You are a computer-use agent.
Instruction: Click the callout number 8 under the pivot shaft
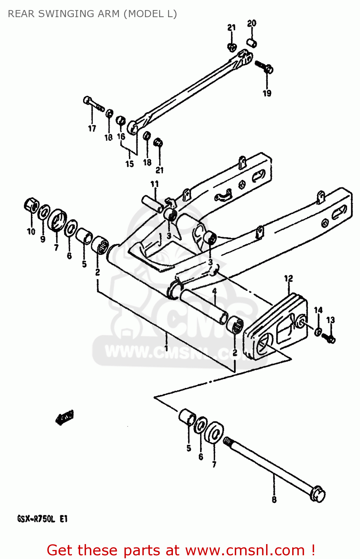tap(274, 500)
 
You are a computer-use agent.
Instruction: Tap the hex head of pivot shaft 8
tap(318, 494)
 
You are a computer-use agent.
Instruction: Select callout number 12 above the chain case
tap(288, 278)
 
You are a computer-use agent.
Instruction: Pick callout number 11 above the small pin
tap(155, 184)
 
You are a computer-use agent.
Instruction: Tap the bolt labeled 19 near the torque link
tap(264, 67)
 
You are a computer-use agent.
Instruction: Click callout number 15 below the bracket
tap(129, 164)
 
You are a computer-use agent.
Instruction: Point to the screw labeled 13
tap(330, 339)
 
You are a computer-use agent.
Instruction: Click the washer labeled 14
tap(318, 331)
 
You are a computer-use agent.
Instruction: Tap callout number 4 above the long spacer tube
tap(214, 291)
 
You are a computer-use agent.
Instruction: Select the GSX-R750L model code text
tap(42, 519)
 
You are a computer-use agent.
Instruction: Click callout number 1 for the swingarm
tap(166, 348)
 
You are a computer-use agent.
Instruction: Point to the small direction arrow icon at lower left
tap(64, 417)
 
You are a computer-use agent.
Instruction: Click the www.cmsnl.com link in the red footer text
tap(245, 550)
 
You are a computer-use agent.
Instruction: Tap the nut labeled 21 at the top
tap(232, 47)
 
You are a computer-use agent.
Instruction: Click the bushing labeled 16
tap(120, 121)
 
